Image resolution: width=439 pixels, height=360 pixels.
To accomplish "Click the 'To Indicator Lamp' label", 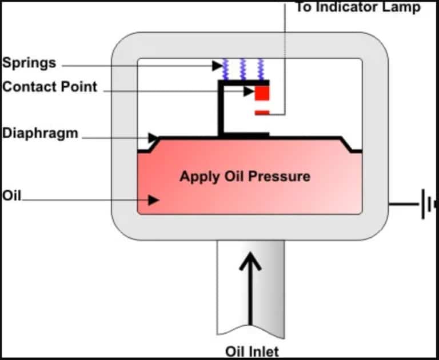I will (x=357, y=7).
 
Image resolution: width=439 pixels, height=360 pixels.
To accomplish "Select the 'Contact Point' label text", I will (x=50, y=87).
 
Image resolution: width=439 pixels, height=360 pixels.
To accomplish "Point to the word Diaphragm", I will (x=39, y=134).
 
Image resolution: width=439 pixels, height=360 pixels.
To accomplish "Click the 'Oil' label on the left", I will (x=11, y=196).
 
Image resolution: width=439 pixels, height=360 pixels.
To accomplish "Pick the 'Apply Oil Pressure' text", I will (x=245, y=176).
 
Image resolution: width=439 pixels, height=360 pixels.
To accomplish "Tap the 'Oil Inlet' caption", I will (x=252, y=350).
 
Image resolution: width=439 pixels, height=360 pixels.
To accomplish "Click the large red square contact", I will (x=262, y=93).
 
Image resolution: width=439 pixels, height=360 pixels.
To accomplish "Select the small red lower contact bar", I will (x=262, y=113).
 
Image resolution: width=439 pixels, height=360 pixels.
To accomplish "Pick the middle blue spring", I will (x=244, y=69).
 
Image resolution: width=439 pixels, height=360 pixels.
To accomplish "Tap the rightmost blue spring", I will (x=261, y=69).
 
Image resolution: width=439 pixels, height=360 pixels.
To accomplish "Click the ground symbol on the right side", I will (x=426, y=204).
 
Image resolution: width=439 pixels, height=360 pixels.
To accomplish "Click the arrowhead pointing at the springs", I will (x=217, y=66).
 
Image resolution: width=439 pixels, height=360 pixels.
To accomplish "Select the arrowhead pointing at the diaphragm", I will (x=153, y=138).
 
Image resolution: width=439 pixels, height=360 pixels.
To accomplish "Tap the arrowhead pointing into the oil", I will (x=153, y=200).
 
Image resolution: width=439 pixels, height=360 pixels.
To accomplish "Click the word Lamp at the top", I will (x=403, y=7).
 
